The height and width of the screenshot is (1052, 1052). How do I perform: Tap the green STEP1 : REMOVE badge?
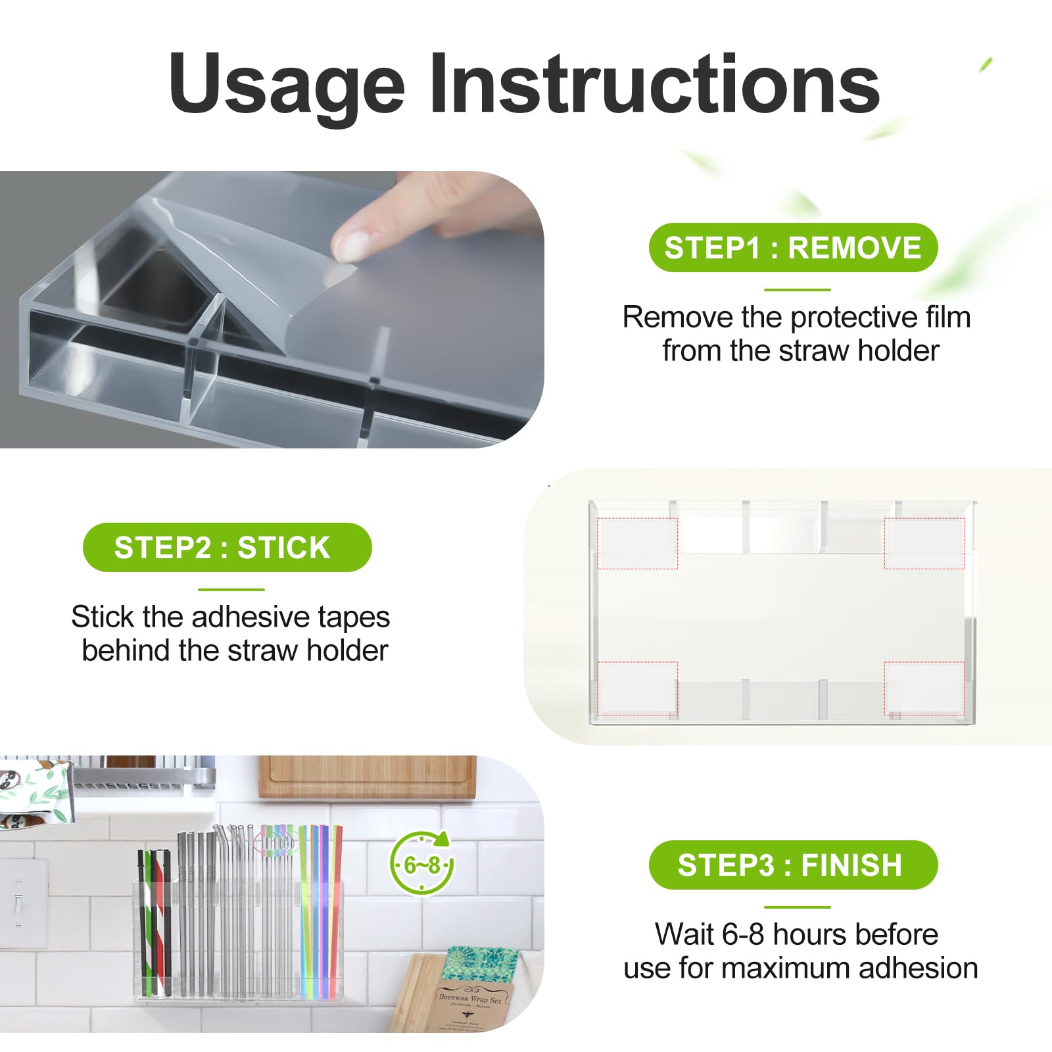click(x=792, y=248)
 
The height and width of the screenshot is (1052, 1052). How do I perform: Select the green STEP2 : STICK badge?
click(x=227, y=547)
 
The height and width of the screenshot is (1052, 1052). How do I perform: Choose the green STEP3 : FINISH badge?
click(x=792, y=865)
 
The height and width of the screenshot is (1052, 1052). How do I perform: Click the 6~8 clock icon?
click(x=421, y=864)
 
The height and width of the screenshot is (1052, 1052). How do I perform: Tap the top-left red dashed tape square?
click(x=637, y=543)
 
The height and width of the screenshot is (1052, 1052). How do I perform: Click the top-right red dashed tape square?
click(x=924, y=543)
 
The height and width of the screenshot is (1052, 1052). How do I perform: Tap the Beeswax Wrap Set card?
click(x=470, y=1006)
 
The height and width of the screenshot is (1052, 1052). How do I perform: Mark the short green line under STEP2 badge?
click(x=231, y=590)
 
